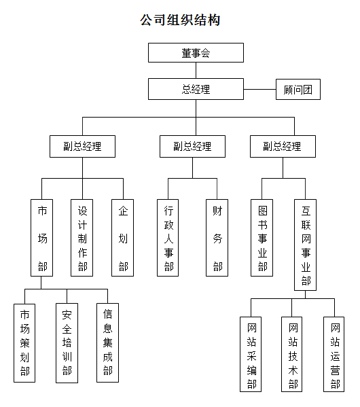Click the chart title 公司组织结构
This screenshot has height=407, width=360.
[180, 20]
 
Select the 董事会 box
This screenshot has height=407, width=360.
[196, 53]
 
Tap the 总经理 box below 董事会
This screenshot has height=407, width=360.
[196, 89]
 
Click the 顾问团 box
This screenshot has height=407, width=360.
[298, 89]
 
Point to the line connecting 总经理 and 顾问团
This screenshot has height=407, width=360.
[259, 89]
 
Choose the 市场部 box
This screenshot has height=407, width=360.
[42, 238]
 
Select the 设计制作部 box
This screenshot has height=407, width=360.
[82, 238]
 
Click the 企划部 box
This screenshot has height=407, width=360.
[122, 238]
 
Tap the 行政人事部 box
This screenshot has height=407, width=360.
[168, 238]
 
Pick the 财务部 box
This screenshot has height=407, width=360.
[217, 238]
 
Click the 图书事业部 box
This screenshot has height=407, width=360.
[262, 238]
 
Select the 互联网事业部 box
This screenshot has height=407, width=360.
[305, 245]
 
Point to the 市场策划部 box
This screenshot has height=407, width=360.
[24, 343]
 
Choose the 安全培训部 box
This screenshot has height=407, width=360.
[67, 343]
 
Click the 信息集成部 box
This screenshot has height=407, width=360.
[108, 342]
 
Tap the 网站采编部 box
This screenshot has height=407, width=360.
[251, 354]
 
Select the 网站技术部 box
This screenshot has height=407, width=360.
[292, 354]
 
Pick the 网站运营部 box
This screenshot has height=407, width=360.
[334, 354]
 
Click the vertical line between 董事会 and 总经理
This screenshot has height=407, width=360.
[196, 71]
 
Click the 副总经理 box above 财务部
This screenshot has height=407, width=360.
[193, 146]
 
